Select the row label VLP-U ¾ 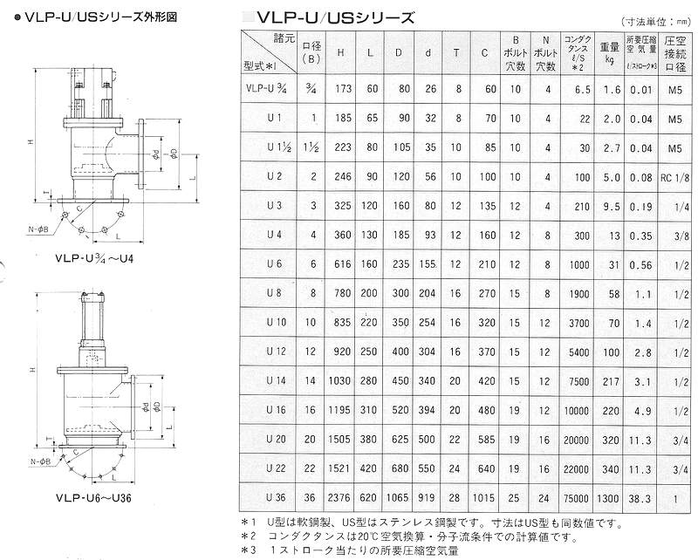pyautogui.click(x=267, y=89)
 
